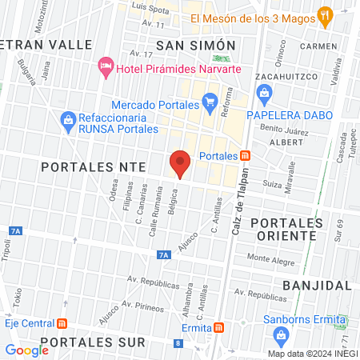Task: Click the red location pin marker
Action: (180, 164)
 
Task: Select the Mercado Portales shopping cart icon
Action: (210, 101)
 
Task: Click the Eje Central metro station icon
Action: (62, 324)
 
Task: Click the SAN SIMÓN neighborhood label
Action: (196, 45)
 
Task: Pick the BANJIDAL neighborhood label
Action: (318, 285)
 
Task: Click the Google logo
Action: (26, 350)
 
